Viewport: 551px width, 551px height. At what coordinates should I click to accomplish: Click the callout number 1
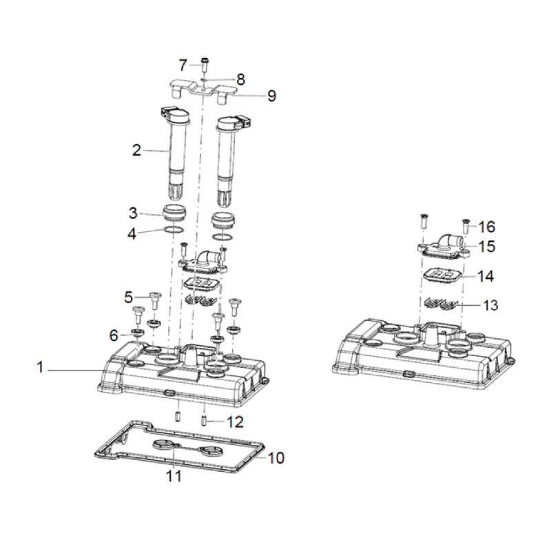pyautogui.click(x=40, y=368)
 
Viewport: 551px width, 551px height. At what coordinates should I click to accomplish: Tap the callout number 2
pyautogui.click(x=136, y=150)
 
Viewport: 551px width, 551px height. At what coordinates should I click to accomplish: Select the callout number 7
pyautogui.click(x=183, y=65)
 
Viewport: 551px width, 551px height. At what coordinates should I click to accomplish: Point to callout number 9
pyautogui.click(x=271, y=96)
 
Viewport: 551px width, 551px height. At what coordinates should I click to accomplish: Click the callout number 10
pyautogui.click(x=276, y=458)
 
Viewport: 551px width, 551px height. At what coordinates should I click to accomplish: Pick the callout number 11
pyautogui.click(x=174, y=476)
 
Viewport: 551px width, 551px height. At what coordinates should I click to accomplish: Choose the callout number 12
pyautogui.click(x=235, y=422)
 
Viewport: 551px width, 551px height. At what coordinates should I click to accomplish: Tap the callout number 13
pyautogui.click(x=490, y=305)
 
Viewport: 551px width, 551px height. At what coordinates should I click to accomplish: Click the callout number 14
pyautogui.click(x=486, y=276)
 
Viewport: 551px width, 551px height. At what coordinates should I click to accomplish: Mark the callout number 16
pyautogui.click(x=487, y=227)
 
